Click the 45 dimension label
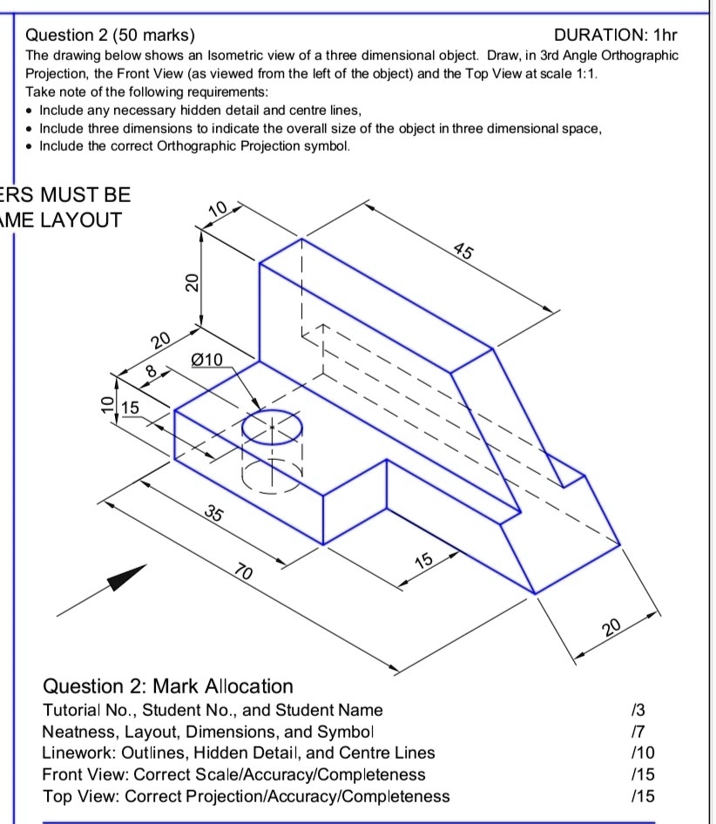coord(464,253)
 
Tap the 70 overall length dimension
coord(246,572)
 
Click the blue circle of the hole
coord(273,427)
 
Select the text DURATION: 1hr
coord(615,36)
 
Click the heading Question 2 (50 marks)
coord(111,36)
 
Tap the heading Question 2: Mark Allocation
coord(168,686)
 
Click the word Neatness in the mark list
coord(77,732)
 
